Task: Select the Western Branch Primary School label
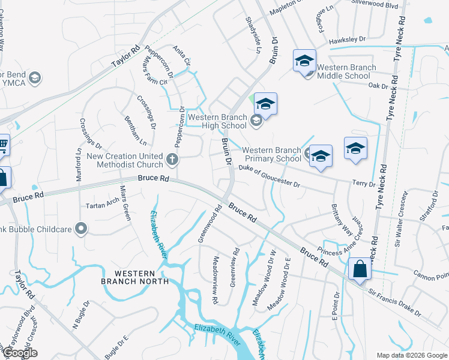click(x=271, y=154)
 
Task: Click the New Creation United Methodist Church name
click(x=125, y=160)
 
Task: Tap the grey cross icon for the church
click(x=172, y=159)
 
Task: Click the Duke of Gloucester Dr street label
click(x=269, y=177)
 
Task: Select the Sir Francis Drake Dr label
click(x=394, y=302)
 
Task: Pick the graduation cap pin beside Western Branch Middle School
click(x=304, y=61)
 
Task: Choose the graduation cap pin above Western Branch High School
click(x=265, y=104)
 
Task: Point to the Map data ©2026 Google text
click(x=412, y=355)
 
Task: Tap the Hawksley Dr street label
click(x=348, y=40)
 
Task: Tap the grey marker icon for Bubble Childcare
click(x=82, y=228)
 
